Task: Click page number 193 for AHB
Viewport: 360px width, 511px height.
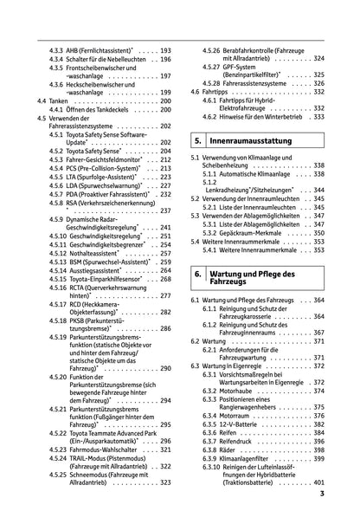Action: click(x=165, y=51)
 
